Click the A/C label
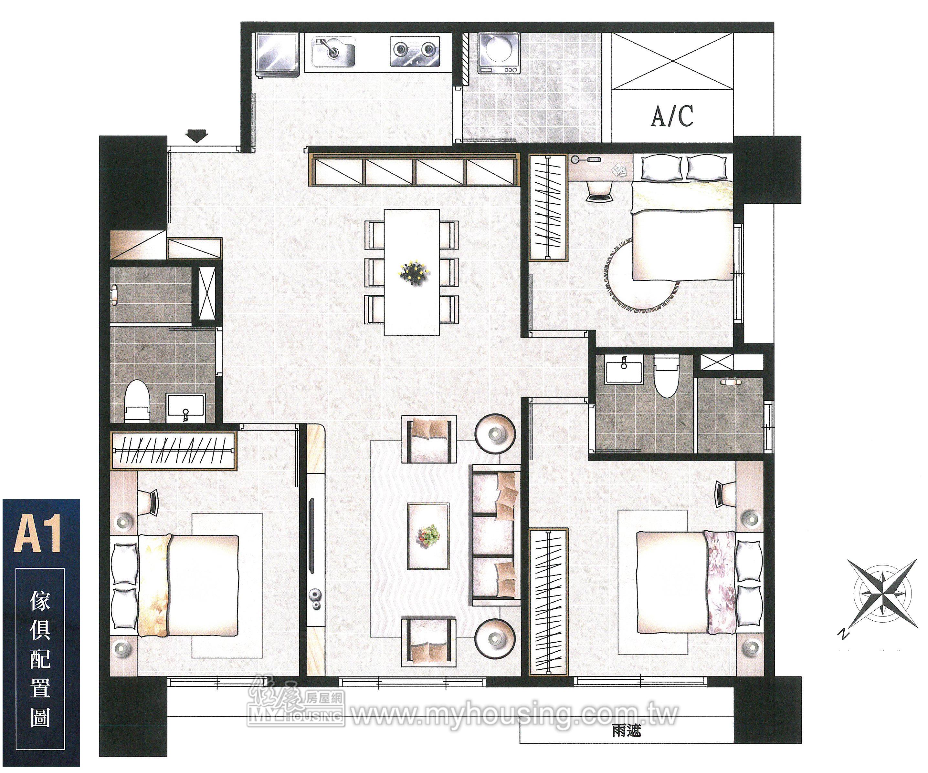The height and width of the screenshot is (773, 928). (672, 116)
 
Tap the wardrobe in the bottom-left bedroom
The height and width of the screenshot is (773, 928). (173, 450)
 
